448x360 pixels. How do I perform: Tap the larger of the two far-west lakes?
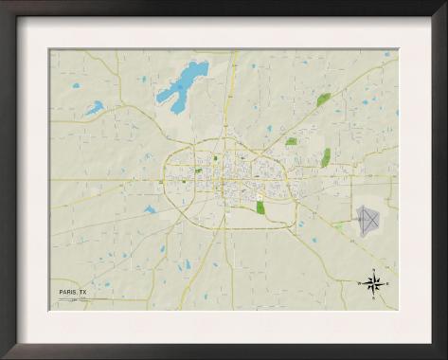[94, 108]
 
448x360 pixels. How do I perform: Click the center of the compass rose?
[373, 283]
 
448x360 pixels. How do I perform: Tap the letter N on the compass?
[373, 271]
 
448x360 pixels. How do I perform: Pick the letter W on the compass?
[360, 283]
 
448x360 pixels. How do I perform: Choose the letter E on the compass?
[386, 283]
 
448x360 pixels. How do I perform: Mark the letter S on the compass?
[373, 297]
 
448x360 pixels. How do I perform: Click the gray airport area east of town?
[368, 220]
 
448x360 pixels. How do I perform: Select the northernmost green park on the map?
[323, 99]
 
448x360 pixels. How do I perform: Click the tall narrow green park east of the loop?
[326, 157]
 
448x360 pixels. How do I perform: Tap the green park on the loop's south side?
[260, 207]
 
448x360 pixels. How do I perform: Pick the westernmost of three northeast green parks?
[291, 142]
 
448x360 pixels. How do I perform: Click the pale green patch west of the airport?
[338, 226]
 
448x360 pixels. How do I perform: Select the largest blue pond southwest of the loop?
[150, 209]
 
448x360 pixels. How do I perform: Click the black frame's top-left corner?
[4, 4]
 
